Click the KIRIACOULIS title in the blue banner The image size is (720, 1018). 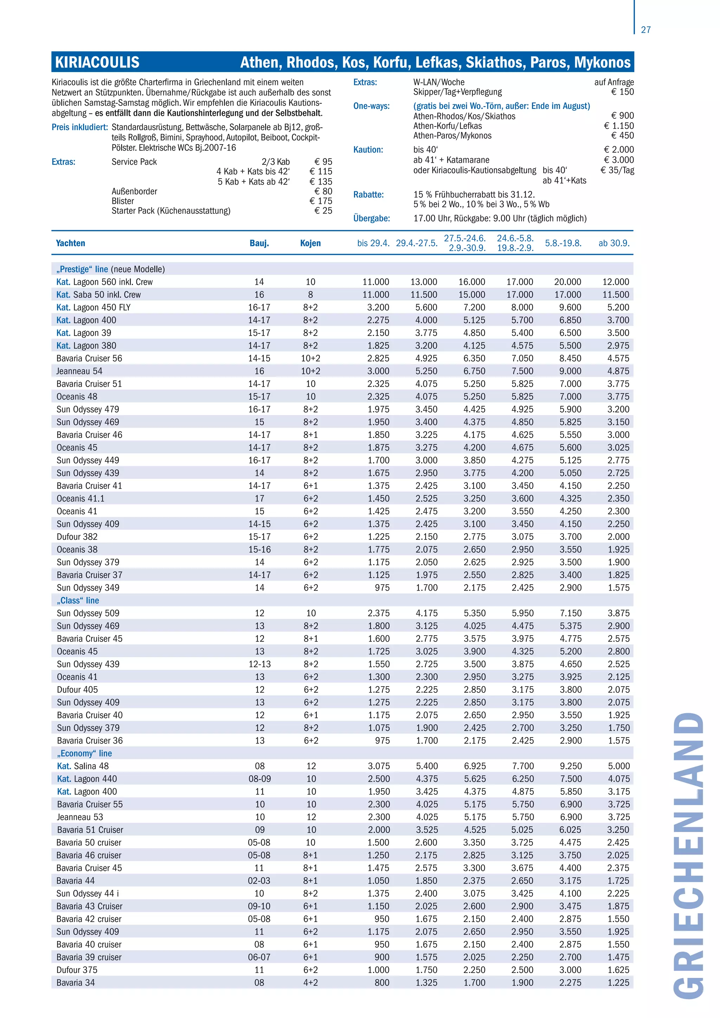point(97,62)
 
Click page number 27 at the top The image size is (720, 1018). point(645,30)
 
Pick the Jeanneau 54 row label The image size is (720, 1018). point(79,371)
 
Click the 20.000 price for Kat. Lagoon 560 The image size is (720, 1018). point(567,282)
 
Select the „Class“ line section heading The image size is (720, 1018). point(78,600)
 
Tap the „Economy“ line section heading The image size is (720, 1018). point(84,753)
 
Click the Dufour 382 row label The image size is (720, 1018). point(77,536)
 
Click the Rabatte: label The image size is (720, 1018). point(368,195)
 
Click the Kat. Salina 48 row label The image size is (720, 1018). point(83,766)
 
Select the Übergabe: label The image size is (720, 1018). point(372,218)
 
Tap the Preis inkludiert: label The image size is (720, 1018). point(80,127)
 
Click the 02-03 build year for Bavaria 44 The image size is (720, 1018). point(259,881)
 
